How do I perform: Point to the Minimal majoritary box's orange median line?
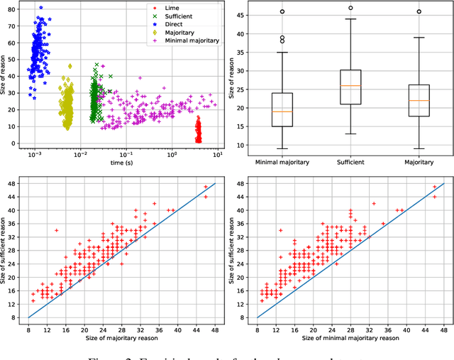point(282,111)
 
